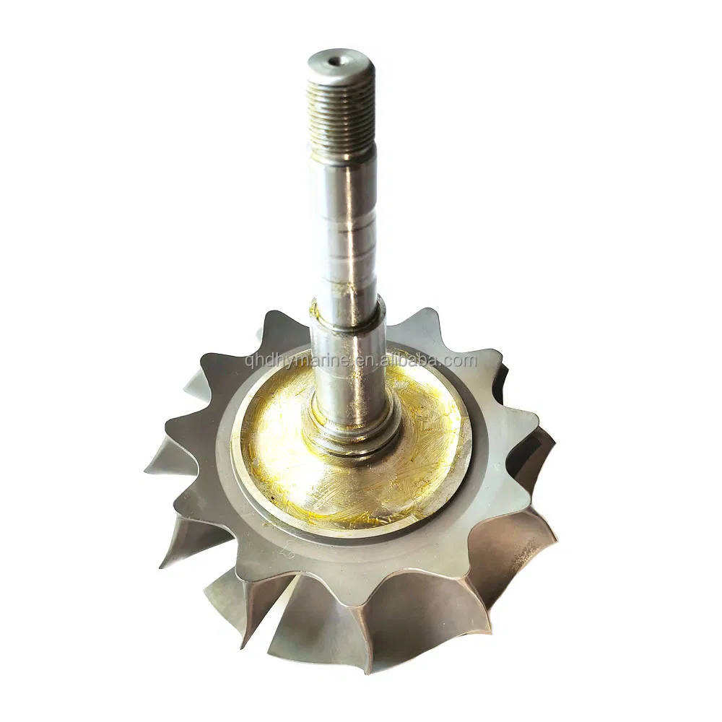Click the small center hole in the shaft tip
tap(337, 59)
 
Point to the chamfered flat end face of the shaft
tap(336, 59)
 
